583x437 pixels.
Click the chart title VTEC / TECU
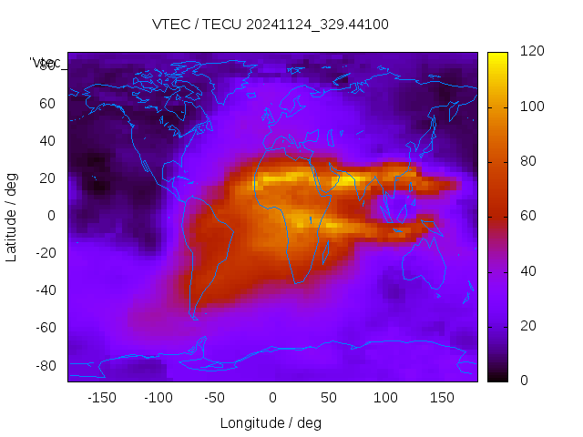[x=271, y=25]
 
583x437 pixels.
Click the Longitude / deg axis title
[x=271, y=422]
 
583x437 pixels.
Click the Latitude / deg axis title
[x=12, y=216]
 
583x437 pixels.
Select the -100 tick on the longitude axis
[x=158, y=397]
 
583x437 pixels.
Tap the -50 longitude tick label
[x=215, y=397]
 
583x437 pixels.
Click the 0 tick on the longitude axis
[x=271, y=397]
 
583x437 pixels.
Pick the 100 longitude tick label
[x=385, y=397]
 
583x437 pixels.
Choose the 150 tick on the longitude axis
[x=442, y=397]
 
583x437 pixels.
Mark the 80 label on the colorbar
[x=527, y=162]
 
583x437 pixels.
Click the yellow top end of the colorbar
[x=497, y=56]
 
